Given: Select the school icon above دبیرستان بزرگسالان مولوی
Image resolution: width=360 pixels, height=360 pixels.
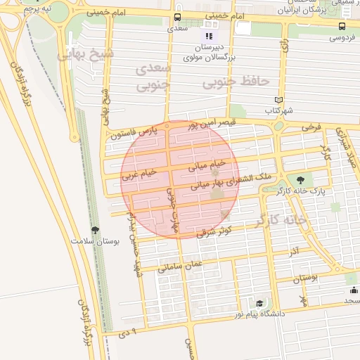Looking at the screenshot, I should [x=208, y=35].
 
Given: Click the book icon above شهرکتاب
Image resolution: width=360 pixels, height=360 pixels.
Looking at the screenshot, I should [x=279, y=100].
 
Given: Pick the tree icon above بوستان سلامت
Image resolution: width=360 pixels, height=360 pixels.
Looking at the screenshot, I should [x=95, y=230].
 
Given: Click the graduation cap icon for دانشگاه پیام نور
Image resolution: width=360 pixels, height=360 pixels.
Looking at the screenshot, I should [x=259, y=303].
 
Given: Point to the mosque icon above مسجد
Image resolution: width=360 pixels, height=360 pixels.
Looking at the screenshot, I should [x=351, y=290].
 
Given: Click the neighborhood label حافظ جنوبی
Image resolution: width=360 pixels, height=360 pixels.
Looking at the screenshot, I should [x=236, y=82].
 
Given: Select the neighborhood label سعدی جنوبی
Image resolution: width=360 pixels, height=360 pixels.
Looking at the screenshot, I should [x=155, y=77].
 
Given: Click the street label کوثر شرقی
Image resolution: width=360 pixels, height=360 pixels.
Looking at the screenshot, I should [x=215, y=231].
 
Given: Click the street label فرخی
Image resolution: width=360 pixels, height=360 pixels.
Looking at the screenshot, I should [x=311, y=127].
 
